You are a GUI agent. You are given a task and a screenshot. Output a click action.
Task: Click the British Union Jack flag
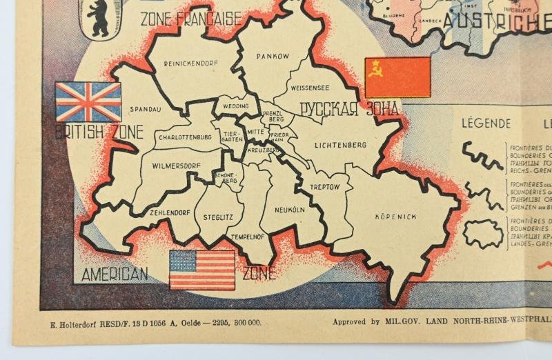[x=88, y=101]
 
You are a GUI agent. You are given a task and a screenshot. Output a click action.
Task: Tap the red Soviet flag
[x=397, y=77]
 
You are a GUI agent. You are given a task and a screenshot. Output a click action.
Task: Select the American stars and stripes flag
[x=202, y=270]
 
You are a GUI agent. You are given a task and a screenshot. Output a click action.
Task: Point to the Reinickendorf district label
[x=190, y=63]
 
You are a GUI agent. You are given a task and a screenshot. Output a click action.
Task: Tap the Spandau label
[x=145, y=109]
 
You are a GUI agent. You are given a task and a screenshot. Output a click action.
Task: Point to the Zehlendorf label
[x=170, y=213]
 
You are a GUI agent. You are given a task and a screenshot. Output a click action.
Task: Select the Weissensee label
[x=310, y=88]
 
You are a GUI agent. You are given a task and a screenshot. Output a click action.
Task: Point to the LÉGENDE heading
[x=486, y=123]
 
